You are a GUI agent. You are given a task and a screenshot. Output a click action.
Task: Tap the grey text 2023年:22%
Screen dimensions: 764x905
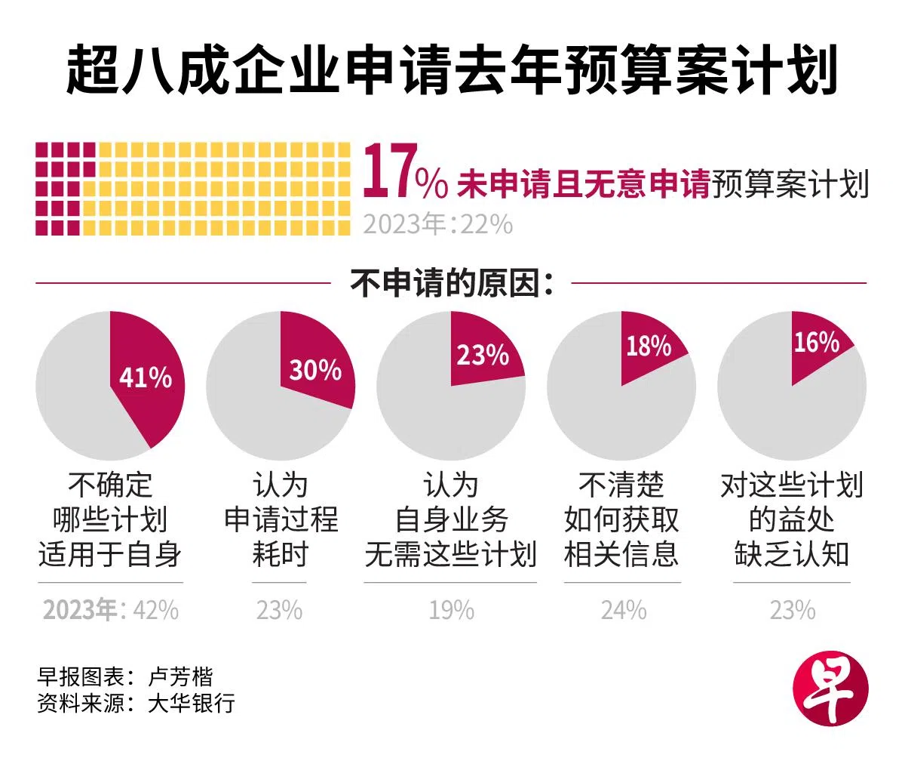coord(437,224)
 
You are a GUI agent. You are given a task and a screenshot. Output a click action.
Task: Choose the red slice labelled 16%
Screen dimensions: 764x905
coord(816,343)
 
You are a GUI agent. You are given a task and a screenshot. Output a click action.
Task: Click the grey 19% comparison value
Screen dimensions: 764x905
coord(451,610)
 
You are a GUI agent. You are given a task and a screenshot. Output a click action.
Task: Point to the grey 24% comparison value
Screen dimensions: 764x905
coord(623,610)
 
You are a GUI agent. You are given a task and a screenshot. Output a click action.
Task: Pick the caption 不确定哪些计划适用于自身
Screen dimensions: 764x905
coord(110,520)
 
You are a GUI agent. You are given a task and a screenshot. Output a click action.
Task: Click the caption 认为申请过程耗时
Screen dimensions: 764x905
coord(281,520)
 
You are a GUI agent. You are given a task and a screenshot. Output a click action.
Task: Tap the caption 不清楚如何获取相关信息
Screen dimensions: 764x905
coord(621,520)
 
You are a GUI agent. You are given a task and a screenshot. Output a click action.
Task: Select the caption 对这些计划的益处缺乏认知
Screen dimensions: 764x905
coord(792,520)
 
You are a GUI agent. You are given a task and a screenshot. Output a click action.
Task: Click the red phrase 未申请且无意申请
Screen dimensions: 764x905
coord(583,185)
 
